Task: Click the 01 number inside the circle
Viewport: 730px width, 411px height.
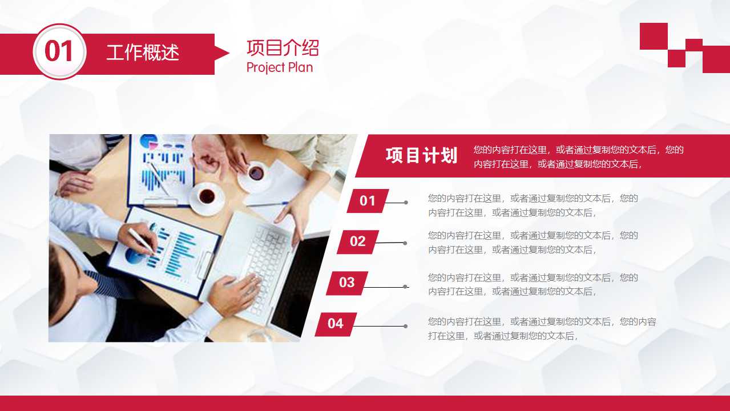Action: (59, 52)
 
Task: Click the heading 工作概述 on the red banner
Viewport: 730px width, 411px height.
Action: (143, 53)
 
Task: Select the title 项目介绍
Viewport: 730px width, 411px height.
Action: (283, 47)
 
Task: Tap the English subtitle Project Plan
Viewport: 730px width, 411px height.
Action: (280, 67)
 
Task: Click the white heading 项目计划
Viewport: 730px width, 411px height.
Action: (421, 155)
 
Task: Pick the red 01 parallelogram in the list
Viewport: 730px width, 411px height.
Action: (368, 201)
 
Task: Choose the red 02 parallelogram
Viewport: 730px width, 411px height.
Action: (358, 241)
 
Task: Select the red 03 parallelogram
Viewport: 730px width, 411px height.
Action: (347, 283)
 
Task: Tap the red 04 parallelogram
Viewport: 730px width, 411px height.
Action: (336, 324)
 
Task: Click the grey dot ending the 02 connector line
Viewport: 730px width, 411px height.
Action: (405, 243)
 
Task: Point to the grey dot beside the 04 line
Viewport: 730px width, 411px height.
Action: (405, 327)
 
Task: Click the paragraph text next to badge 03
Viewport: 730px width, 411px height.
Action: (533, 284)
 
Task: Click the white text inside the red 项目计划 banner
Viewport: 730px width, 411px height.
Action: (578, 157)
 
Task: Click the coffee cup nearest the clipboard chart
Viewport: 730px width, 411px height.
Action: (207, 197)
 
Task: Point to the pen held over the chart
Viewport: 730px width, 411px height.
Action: (141, 240)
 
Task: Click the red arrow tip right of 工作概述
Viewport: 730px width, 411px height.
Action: (223, 54)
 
